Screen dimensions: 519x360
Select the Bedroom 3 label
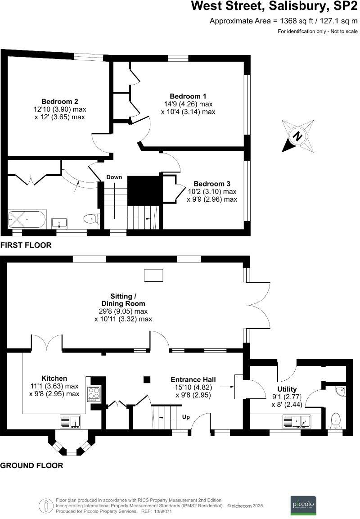click(212, 184)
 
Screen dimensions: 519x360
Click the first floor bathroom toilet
click(90, 219)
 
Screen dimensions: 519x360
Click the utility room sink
click(297, 421)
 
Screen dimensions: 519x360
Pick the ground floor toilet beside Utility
click(335, 420)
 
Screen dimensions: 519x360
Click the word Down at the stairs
click(114, 177)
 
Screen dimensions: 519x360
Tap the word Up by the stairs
click(186, 417)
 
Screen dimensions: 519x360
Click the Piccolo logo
click(303, 503)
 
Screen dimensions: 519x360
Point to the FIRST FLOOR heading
click(26, 245)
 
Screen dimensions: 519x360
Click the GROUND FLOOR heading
click(31, 465)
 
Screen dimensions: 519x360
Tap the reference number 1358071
click(163, 512)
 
